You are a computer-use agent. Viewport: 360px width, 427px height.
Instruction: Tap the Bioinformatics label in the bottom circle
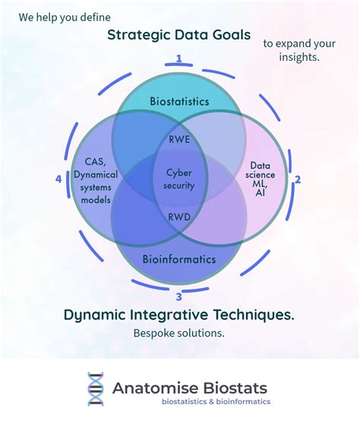point(179,259)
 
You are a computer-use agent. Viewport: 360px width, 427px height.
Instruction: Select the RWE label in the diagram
point(179,140)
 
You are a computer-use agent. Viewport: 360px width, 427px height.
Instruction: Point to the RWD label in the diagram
point(179,216)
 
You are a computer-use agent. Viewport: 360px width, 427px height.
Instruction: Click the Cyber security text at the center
point(180,179)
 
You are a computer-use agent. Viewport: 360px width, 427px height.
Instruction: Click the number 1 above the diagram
point(179,58)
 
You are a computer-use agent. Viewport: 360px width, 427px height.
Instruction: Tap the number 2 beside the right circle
point(298,179)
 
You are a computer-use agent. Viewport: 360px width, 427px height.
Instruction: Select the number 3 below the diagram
point(179,297)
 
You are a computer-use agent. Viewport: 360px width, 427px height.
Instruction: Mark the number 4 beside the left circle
point(58,179)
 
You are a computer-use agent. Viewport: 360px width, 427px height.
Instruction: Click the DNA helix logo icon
point(95,388)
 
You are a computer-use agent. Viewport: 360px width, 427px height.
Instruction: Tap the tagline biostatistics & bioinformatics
point(211,402)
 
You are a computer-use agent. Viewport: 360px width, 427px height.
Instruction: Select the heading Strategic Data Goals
point(179,34)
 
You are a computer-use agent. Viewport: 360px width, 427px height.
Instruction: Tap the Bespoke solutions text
point(179,333)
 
